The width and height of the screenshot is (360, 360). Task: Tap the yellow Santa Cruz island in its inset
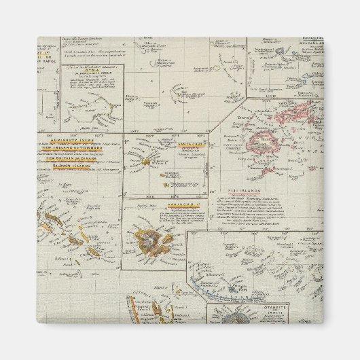[x=147, y=162]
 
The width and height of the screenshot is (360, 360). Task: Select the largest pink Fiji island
[x=262, y=143]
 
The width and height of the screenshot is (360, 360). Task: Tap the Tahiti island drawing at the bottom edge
[x=239, y=318]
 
